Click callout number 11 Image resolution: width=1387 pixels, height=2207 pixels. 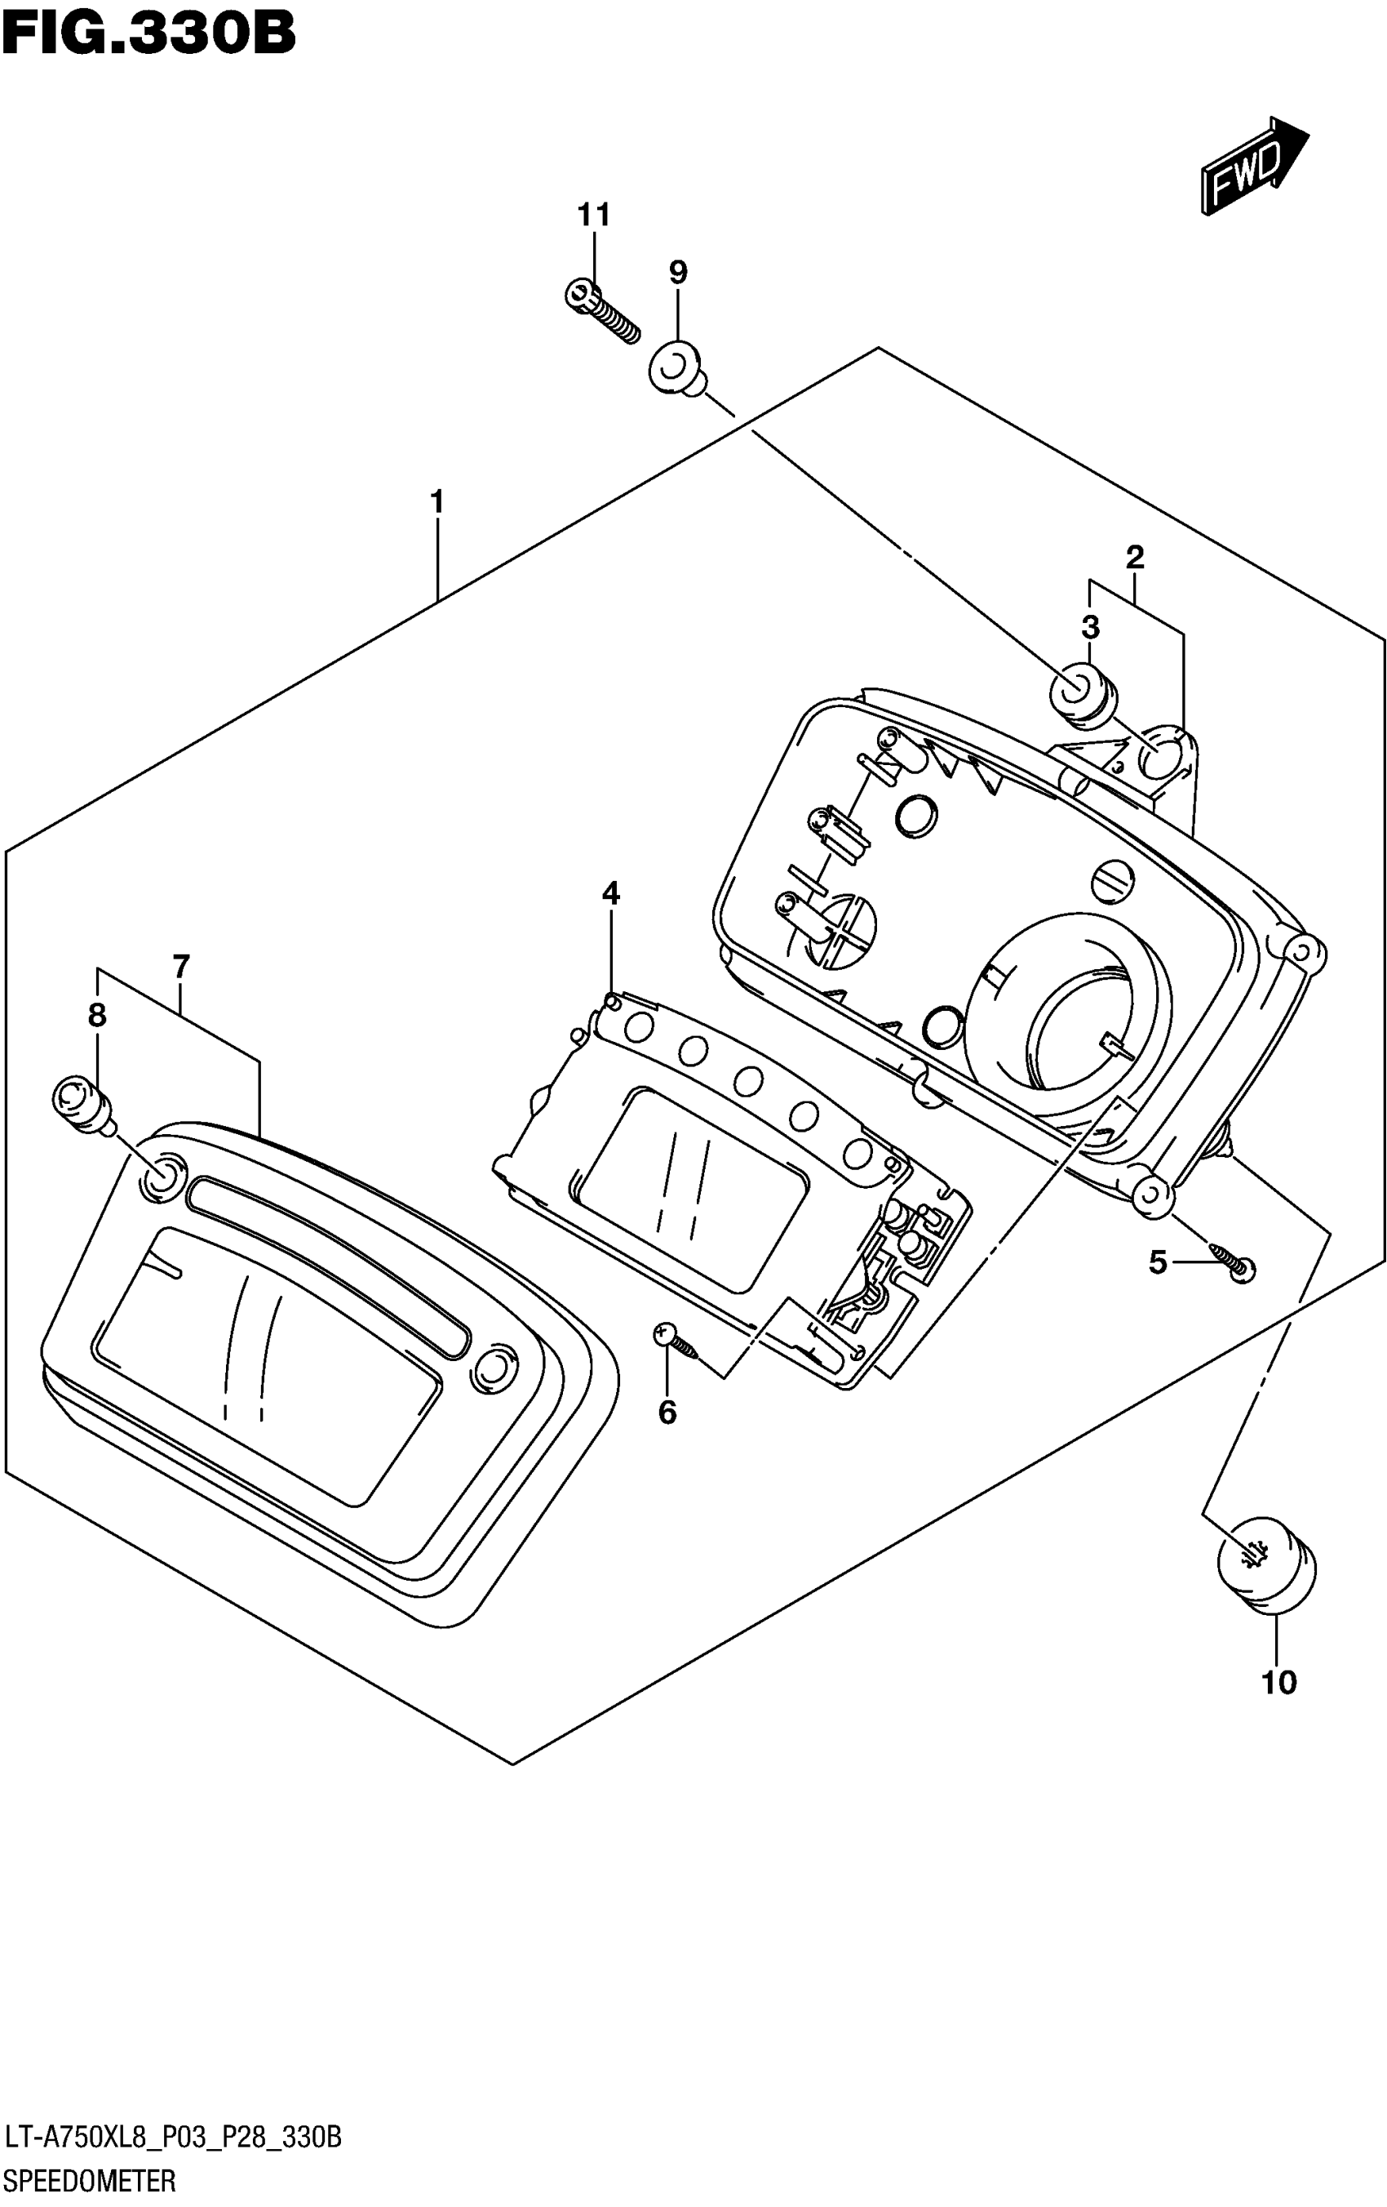tap(594, 216)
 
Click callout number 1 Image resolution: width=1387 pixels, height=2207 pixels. tap(437, 502)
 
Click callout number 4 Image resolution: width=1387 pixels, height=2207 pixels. tap(610, 892)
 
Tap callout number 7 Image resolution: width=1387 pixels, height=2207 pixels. tap(180, 966)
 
